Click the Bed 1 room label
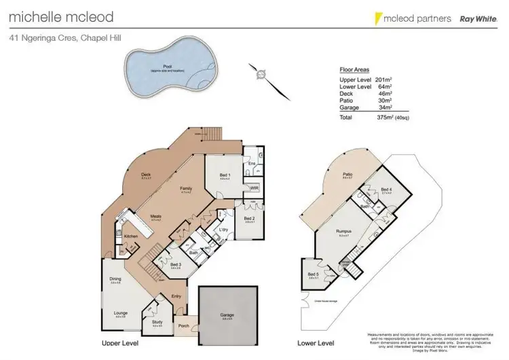click(225, 175)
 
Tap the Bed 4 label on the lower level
click(386, 190)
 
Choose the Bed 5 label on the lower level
click(314, 274)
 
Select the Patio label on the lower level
click(347, 175)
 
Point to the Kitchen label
click(131, 236)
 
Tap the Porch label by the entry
click(183, 325)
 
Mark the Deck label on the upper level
click(146, 175)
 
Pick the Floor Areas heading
click(354, 69)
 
